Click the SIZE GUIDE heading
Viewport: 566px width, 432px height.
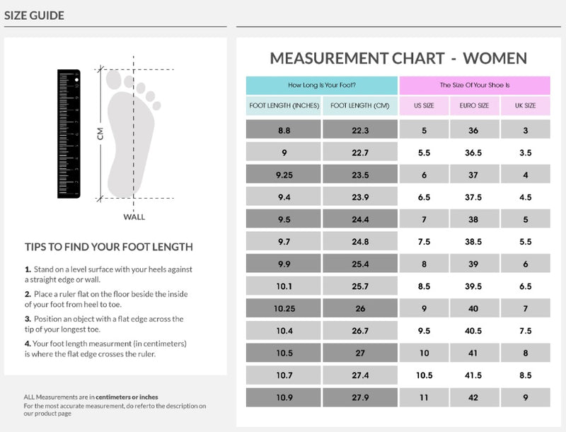(x=34, y=15)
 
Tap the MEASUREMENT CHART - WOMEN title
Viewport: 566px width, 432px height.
(x=398, y=58)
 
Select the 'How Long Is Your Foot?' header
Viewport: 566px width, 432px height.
(x=322, y=85)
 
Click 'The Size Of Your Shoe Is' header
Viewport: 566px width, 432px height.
(x=475, y=85)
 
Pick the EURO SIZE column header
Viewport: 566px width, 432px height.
(x=474, y=106)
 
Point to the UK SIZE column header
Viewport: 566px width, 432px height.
(x=525, y=106)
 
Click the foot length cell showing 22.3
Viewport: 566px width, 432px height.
(x=360, y=130)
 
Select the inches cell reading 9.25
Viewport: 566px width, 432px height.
(x=284, y=175)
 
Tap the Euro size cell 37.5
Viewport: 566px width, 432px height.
(x=474, y=197)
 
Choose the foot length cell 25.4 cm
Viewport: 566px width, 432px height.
(x=360, y=264)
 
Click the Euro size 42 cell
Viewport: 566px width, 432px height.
(x=474, y=397)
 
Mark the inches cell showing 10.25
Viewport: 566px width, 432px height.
(x=284, y=308)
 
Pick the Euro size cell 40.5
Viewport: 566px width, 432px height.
(x=474, y=331)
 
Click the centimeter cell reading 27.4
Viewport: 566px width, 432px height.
(x=360, y=375)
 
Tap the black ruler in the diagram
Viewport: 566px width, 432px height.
(x=69, y=133)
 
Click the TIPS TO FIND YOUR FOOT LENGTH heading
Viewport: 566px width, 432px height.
(x=109, y=247)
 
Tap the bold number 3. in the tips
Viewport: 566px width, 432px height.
(x=28, y=319)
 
